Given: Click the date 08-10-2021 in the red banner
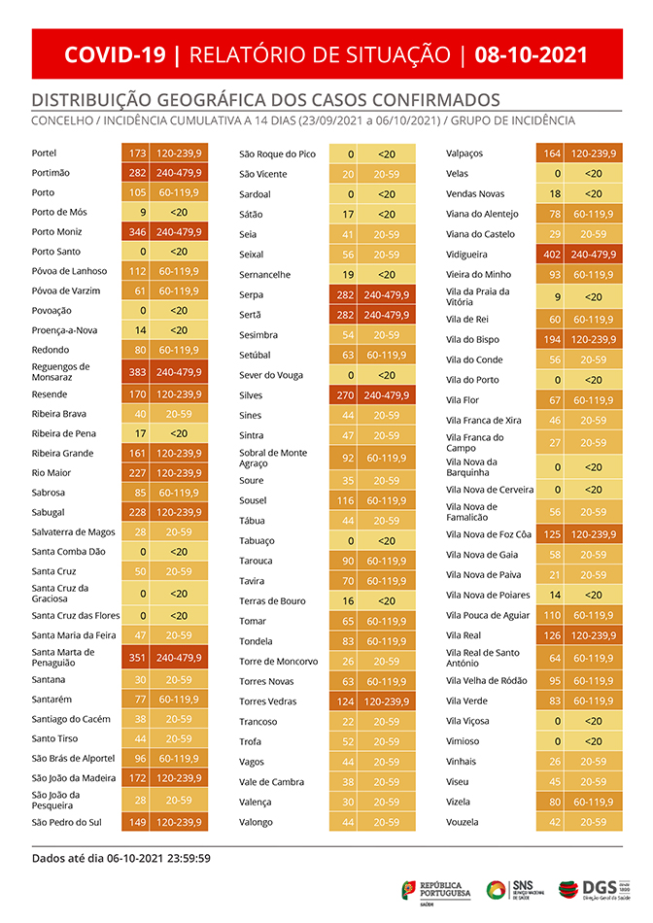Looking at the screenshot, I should tap(531, 54).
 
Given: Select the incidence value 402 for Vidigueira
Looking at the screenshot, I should tap(553, 254).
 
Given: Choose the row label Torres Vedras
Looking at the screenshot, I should tap(268, 701).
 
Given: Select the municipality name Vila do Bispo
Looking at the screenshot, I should tap(472, 339).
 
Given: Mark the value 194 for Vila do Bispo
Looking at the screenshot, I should tap(553, 339).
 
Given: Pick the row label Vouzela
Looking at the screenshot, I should tap(462, 822).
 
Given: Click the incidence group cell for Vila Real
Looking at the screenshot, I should tap(592, 635).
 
